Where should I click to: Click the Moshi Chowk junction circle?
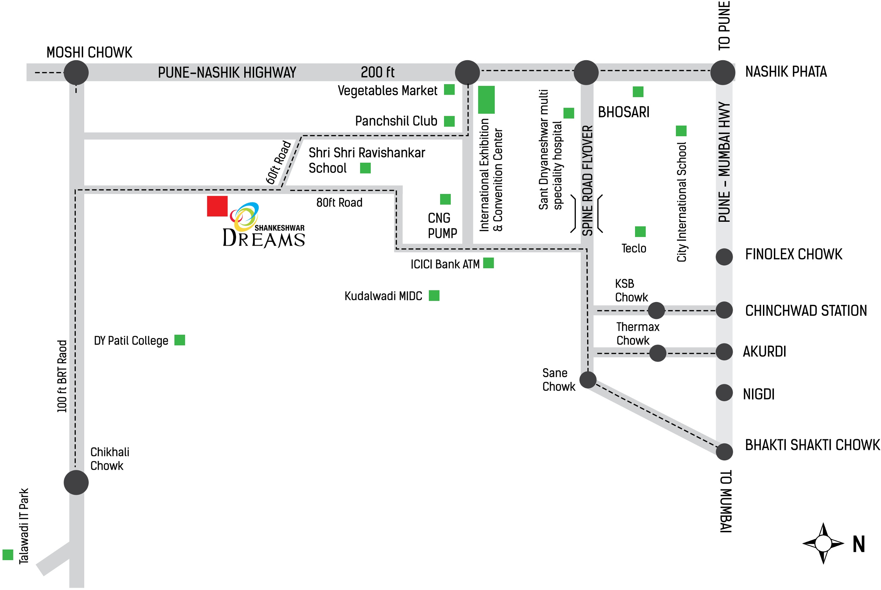point(76,72)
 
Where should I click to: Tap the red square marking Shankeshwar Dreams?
point(217,206)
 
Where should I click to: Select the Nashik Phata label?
point(785,71)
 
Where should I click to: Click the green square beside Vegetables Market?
point(449,89)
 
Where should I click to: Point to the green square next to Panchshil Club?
point(449,121)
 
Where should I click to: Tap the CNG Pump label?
point(442,226)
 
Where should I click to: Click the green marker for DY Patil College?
point(180,340)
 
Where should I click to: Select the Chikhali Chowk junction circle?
point(76,482)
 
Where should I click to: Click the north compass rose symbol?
point(823,543)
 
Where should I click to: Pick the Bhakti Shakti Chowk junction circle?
point(724,452)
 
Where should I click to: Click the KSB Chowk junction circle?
point(656,310)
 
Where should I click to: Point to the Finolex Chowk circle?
point(724,257)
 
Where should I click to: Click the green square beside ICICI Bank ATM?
point(488,263)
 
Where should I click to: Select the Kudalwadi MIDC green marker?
point(434,296)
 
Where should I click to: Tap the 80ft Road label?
point(339,203)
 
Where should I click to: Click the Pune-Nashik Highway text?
point(227,72)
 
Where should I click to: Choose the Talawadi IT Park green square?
point(8,555)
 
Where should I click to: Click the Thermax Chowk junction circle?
point(658,353)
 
